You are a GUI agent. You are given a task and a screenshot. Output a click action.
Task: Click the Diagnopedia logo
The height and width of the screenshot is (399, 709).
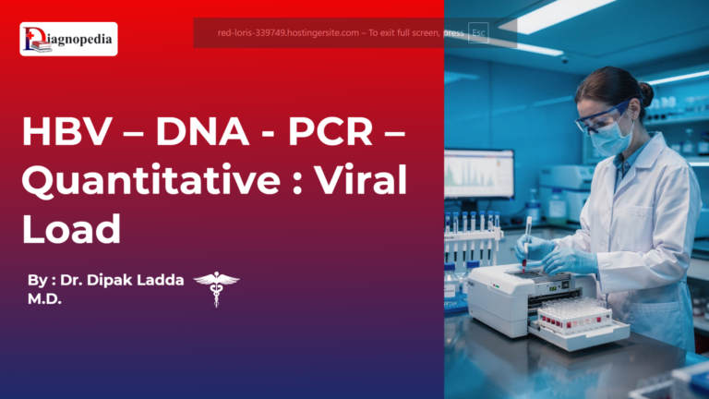(x=68, y=39)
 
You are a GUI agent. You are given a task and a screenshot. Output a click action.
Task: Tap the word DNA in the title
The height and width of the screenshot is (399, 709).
(x=200, y=136)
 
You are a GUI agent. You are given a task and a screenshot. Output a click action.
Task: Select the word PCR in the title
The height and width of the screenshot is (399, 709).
(x=330, y=136)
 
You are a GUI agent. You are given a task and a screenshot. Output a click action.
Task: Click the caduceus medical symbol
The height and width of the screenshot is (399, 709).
(x=216, y=287)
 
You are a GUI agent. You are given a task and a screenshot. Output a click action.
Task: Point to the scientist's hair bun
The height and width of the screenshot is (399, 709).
(x=644, y=93)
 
